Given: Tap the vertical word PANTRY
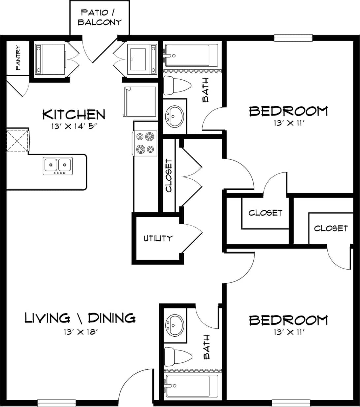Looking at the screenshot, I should click(x=18, y=58).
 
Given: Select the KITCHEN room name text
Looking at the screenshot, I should click(x=74, y=115).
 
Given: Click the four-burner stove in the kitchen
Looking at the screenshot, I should click(x=145, y=143).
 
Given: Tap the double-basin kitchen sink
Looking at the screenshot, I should click(x=58, y=165).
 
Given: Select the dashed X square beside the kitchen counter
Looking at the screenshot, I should click(x=17, y=141).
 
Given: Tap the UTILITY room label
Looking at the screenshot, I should click(x=158, y=238).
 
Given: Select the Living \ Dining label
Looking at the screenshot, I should click(x=80, y=318).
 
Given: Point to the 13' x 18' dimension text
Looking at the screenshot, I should click(x=80, y=332).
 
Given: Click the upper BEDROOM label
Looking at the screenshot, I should click(x=288, y=111).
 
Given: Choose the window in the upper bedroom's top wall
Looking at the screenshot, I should click(x=293, y=38).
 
